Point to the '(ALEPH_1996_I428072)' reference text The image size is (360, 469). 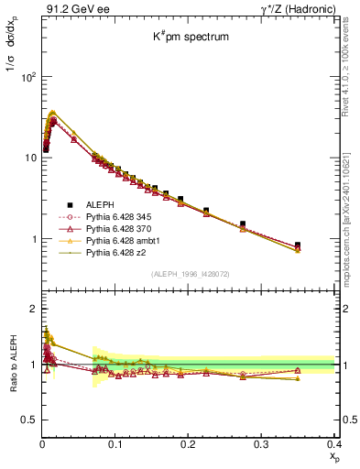(189, 274)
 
